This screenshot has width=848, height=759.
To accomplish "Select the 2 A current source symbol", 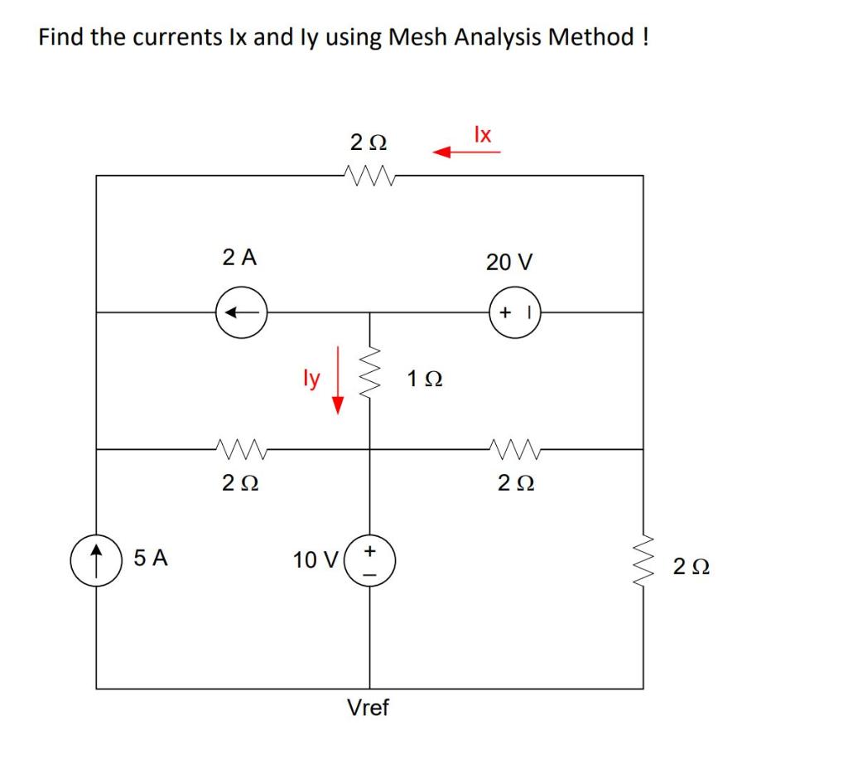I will tap(240, 312).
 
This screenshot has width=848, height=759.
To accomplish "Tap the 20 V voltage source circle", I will tap(514, 312).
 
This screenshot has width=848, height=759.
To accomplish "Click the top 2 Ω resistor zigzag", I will tap(366, 175).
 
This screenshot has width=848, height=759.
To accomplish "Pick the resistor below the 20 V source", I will tap(514, 449).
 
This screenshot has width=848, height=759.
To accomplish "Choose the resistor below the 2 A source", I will tap(240, 449).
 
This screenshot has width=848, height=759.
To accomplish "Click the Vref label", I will tap(369, 708).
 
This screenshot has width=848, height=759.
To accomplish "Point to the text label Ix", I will tap(483, 133).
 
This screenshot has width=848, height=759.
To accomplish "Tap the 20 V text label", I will tap(510, 263).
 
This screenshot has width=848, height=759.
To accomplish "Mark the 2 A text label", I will tap(240, 258).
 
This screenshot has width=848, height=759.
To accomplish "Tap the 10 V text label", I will tap(314, 560).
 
